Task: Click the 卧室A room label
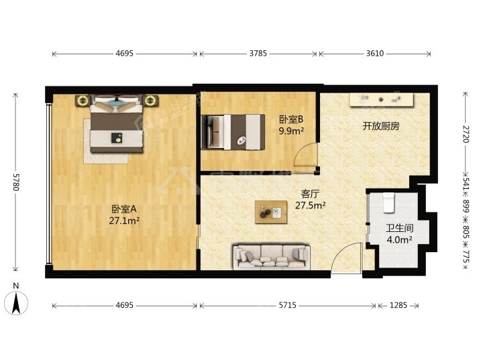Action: coord(124,209)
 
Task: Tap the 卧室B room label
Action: coord(291,119)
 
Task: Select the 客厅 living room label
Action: coord(310,194)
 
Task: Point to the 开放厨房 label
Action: coord(381,126)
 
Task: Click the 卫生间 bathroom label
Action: coord(400,228)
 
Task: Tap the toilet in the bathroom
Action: coord(388,202)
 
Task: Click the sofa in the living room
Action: coord(271,257)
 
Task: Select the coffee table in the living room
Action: coord(271,212)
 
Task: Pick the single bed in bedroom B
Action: coord(233,132)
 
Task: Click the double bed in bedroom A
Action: coord(117,124)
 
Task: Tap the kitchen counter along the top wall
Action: coord(381,99)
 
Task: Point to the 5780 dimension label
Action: coord(16,182)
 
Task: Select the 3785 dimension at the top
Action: coord(258,54)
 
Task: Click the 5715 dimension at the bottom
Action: coord(287,306)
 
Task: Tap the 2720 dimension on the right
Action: coord(466,134)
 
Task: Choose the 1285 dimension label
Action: coord(398,306)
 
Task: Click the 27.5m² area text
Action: coord(311,205)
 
